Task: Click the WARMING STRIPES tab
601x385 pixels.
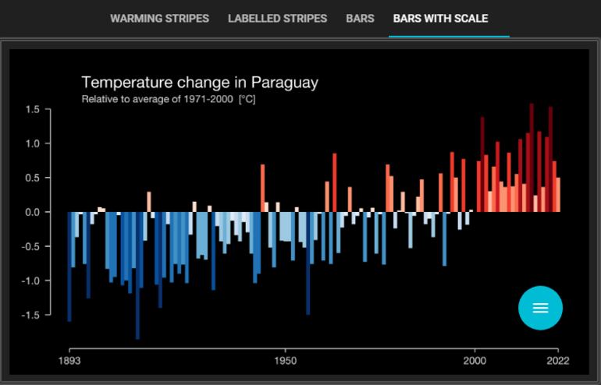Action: pos(159,18)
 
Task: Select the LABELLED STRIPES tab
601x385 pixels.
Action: pos(277,18)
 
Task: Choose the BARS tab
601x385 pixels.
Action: pos(360,18)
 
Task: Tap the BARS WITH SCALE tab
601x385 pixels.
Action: pos(440,18)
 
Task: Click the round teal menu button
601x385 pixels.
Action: pos(540,308)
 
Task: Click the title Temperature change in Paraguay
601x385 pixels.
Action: pos(200,83)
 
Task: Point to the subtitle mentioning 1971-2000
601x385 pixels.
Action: pos(169,100)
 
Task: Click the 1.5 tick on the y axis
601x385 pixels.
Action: pos(31,109)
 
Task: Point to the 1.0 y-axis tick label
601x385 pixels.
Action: pos(31,143)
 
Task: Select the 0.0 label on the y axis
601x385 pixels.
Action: pos(31,212)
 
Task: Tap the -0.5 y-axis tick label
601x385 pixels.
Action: pos(30,246)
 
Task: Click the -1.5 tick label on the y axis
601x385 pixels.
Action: pos(30,315)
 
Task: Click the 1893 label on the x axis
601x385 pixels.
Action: pos(69,362)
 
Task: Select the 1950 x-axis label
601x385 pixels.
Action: pos(285,362)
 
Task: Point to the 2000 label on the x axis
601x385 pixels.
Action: pos(475,362)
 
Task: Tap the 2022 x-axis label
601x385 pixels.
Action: pos(557,362)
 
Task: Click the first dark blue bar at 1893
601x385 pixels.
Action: pos(69,265)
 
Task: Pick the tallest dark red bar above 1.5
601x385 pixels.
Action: pos(532,156)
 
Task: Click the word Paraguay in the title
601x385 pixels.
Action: pos(286,83)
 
